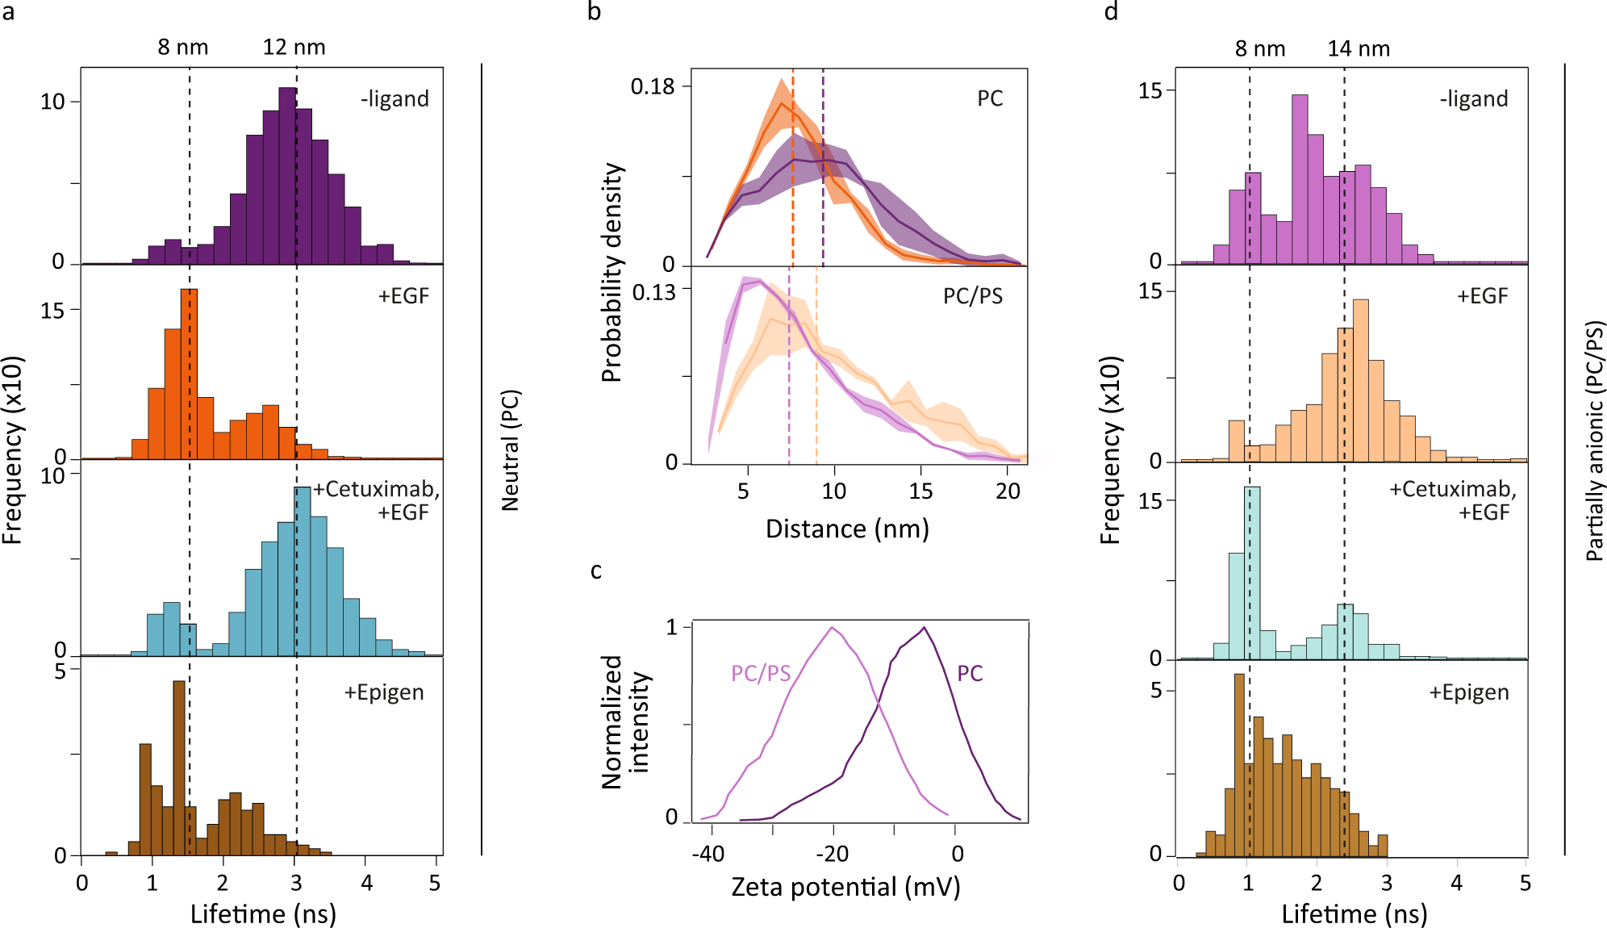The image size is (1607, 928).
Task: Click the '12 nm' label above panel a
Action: click(294, 48)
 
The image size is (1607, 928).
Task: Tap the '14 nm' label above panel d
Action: click(1359, 49)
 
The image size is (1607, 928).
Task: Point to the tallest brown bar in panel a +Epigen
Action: click(179, 767)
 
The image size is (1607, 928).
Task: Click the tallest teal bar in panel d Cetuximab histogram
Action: click(1252, 573)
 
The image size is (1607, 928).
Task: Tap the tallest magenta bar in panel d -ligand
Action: click(1300, 179)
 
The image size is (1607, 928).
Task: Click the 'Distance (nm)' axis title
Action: click(847, 529)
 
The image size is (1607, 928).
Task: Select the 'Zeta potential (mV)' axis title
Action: click(845, 887)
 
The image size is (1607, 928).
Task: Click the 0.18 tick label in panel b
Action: click(652, 86)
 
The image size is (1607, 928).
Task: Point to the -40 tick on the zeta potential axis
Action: click(707, 854)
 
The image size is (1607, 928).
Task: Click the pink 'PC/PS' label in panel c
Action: click(760, 674)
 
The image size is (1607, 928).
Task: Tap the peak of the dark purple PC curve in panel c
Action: click(924, 628)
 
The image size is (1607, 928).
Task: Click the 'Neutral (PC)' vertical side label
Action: click(510, 450)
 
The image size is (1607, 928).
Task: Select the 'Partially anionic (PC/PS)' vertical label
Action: click(1594, 441)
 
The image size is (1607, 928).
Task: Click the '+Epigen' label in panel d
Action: click(1468, 693)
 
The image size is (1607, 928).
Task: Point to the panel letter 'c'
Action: click(596, 571)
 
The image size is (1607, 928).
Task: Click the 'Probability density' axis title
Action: click(612, 273)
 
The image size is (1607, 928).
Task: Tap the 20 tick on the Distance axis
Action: click(1007, 491)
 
